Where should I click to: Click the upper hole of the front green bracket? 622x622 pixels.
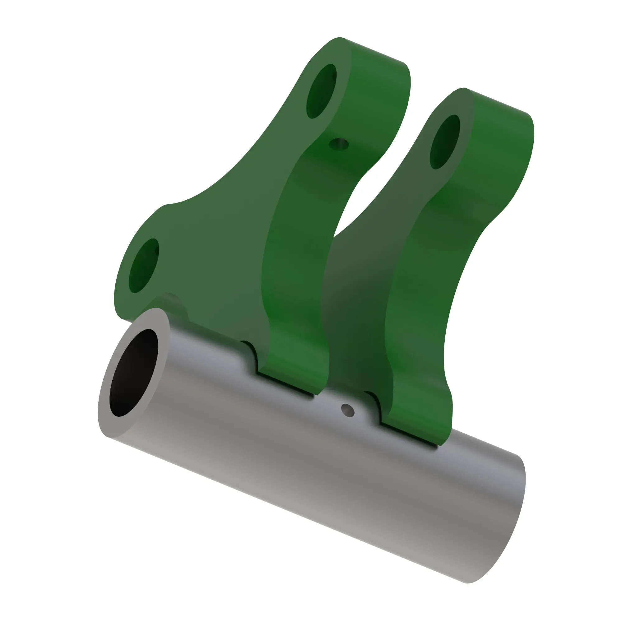[321, 91]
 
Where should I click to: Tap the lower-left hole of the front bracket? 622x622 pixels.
[144, 266]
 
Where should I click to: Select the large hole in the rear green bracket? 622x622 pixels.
[445, 142]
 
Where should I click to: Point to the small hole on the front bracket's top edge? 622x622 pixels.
[339, 144]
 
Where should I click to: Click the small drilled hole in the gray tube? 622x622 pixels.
[348, 410]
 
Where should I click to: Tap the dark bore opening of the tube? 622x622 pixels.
[134, 373]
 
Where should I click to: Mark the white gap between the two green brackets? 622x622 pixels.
[357, 206]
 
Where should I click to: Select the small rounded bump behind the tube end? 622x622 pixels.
[174, 301]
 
